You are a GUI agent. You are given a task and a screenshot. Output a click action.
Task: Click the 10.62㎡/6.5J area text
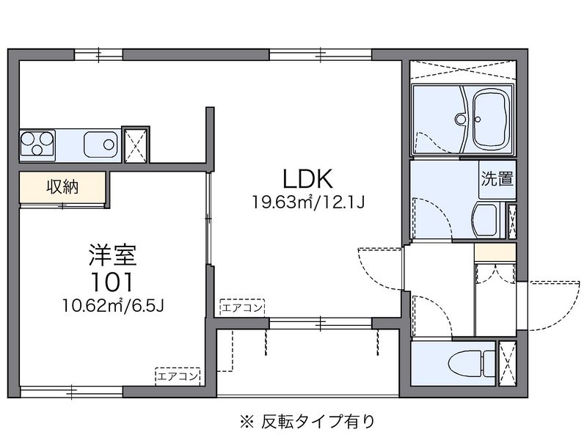tap(112, 304)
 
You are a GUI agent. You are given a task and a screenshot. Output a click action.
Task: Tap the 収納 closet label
tap(62, 187)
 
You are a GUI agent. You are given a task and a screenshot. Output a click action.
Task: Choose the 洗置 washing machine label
tap(497, 178)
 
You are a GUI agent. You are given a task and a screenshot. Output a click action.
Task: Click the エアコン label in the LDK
tap(243, 307)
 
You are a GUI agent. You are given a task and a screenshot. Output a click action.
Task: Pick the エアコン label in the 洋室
tap(178, 376)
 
